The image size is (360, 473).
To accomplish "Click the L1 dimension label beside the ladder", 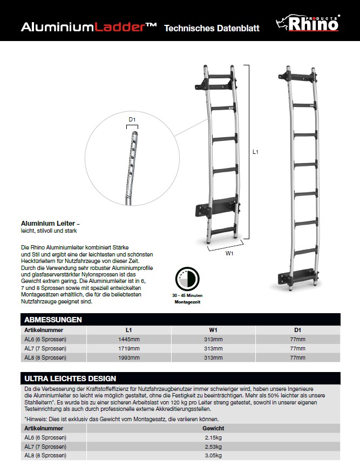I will [x=256, y=153].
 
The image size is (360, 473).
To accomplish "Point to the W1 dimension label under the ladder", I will [x=229, y=253].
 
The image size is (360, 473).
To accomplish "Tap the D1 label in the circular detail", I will [x=132, y=119].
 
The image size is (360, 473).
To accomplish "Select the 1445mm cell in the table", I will [x=128, y=339].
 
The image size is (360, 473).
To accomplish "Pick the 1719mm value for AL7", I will [x=128, y=348].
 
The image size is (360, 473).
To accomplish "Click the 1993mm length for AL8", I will [x=128, y=357].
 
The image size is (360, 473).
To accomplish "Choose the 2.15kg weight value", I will [x=213, y=437].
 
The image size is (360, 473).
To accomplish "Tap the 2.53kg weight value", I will [x=213, y=446].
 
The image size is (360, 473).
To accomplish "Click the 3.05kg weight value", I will [x=213, y=455].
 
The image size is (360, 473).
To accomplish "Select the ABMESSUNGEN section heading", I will [x=53, y=320].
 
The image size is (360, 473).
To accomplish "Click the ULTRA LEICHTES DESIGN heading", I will [x=70, y=379].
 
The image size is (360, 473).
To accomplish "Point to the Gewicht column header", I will [x=213, y=428].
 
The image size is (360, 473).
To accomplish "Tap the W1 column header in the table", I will [x=213, y=329].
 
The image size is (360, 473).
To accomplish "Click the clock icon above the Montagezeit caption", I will [x=187, y=280].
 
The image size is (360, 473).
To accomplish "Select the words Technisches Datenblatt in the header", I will [x=212, y=28].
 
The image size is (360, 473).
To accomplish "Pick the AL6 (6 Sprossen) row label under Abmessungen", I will [x=45, y=339].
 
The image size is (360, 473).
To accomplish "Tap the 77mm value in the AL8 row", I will [x=297, y=357].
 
